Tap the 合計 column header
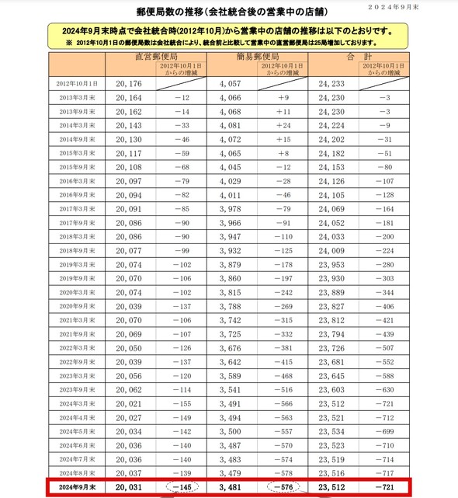coord(359,57)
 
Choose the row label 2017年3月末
coord(76,210)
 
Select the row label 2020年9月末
coord(76,307)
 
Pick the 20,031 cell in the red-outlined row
coord(128,488)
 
